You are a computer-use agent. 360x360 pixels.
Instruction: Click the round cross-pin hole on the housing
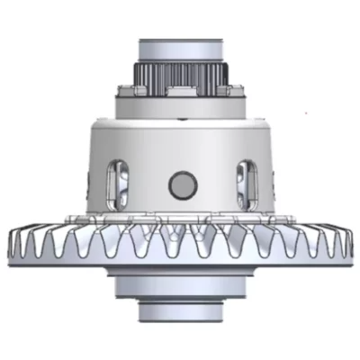point(183,185)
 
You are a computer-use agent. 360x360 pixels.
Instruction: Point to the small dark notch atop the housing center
point(183,119)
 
